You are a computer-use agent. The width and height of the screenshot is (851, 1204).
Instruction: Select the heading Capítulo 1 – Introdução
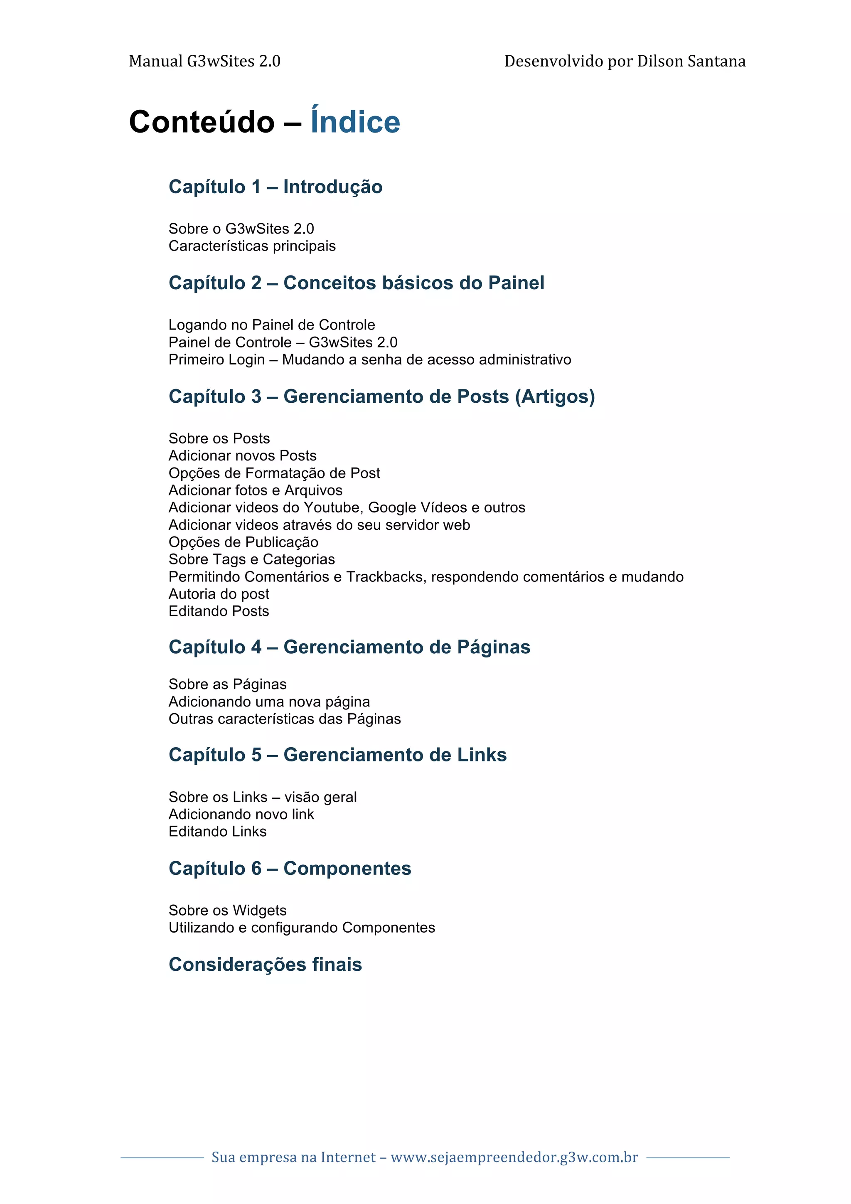point(275,187)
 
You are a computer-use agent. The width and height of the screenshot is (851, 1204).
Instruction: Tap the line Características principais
point(252,246)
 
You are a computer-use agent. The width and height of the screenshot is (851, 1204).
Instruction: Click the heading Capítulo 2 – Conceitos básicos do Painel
point(356,283)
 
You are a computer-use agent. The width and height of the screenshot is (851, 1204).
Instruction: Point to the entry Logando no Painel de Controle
point(272,325)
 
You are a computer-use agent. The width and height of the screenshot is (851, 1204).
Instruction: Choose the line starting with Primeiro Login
point(370,360)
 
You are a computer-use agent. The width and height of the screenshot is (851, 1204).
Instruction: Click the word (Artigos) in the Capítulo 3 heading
point(555,396)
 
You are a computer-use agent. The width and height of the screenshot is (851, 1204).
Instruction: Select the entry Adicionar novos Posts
point(242,456)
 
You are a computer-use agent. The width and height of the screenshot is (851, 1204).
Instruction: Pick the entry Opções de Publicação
point(243,542)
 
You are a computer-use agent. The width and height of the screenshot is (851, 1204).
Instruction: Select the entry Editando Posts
point(219,611)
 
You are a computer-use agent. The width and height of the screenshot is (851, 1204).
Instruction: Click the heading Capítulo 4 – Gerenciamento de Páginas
point(349,647)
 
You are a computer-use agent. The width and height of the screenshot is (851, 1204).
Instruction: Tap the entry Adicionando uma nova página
point(269,702)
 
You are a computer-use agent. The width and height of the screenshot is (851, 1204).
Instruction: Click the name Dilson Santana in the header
point(691,62)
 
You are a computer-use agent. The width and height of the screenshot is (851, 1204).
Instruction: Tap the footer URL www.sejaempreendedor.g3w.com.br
point(514,1157)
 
